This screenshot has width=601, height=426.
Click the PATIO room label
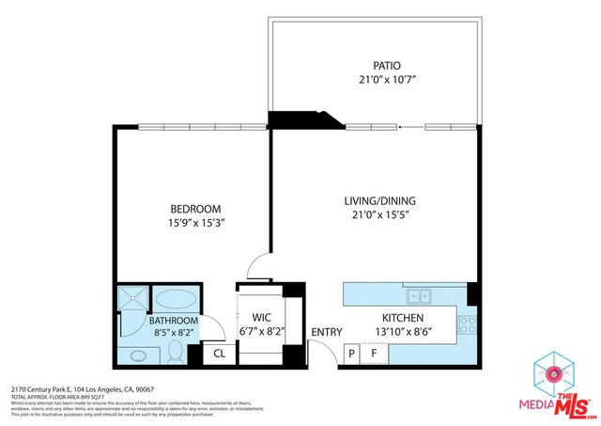(x=385, y=66)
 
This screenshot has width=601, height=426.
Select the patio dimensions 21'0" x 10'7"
(x=385, y=81)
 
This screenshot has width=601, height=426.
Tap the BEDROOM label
(x=195, y=209)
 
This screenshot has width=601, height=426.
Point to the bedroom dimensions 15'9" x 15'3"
(x=195, y=224)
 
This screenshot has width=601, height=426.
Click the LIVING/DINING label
(x=377, y=200)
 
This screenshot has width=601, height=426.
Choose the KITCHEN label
(x=404, y=318)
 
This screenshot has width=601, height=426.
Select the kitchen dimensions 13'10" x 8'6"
(x=404, y=333)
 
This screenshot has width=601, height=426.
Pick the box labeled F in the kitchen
(x=376, y=354)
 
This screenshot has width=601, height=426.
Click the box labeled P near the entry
(x=352, y=354)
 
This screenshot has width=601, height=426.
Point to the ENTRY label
(x=326, y=332)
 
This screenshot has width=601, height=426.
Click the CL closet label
(x=218, y=354)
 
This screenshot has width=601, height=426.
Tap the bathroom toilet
(x=175, y=352)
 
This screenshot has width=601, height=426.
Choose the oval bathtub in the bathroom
(x=176, y=300)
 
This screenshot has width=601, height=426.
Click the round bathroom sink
(x=137, y=355)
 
